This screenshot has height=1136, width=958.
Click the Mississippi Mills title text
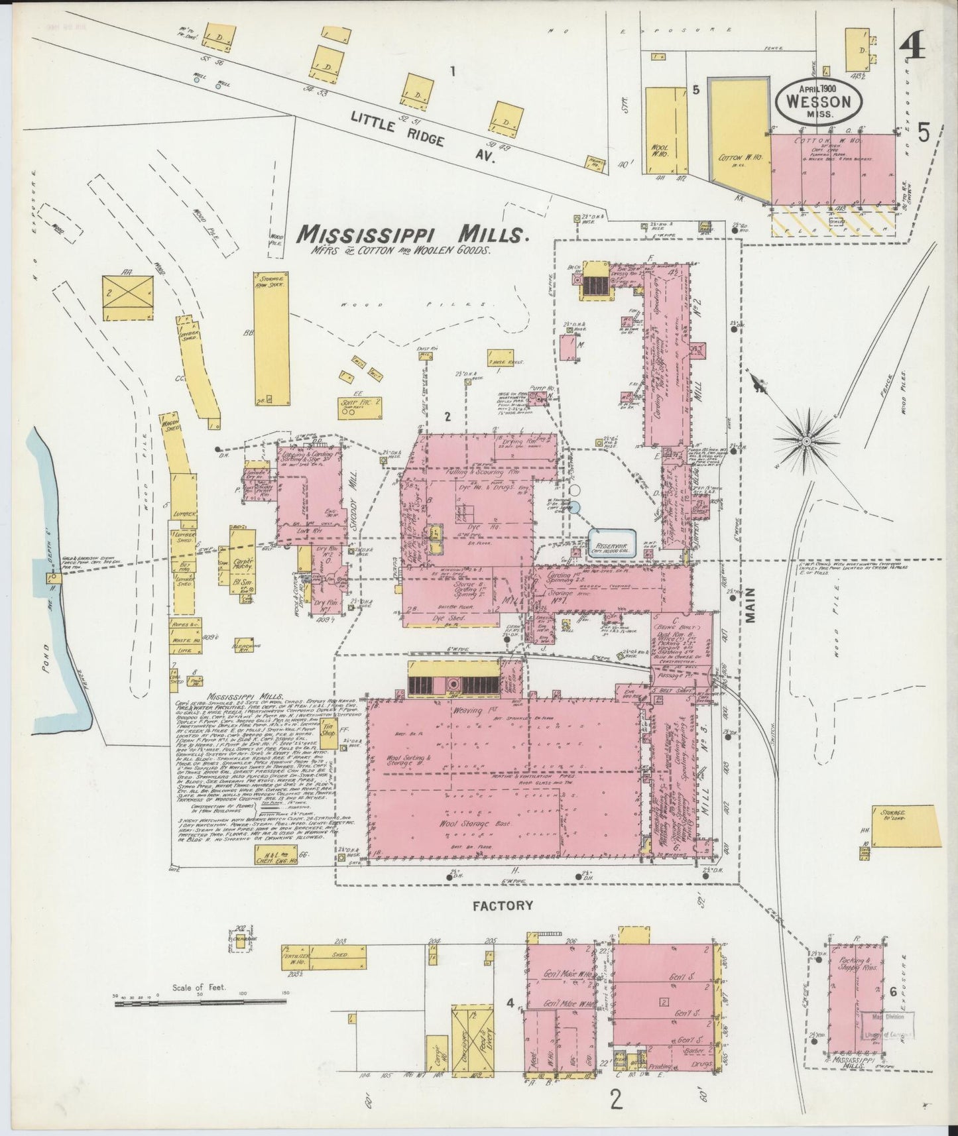click(412, 234)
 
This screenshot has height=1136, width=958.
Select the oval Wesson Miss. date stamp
click(819, 101)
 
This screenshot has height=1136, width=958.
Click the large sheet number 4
click(914, 50)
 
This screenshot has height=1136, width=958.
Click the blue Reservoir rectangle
click(612, 542)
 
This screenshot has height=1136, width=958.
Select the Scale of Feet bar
click(199, 1003)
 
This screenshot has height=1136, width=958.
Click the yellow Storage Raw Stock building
click(272, 337)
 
